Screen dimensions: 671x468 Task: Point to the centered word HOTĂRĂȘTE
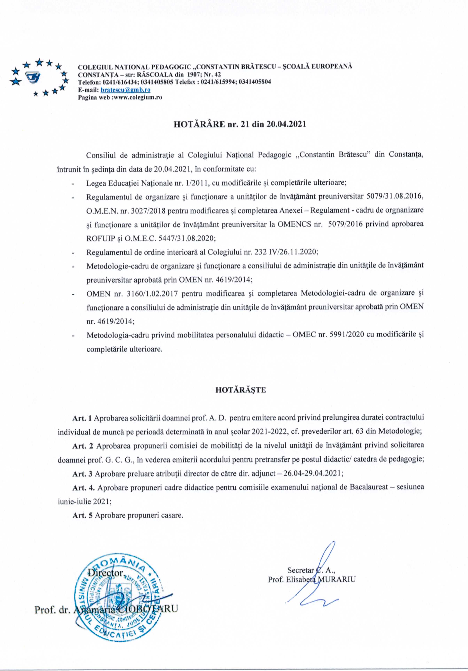click(240, 390)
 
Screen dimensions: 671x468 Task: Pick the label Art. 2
click(83, 446)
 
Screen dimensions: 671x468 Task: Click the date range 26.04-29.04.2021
click(312, 473)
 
